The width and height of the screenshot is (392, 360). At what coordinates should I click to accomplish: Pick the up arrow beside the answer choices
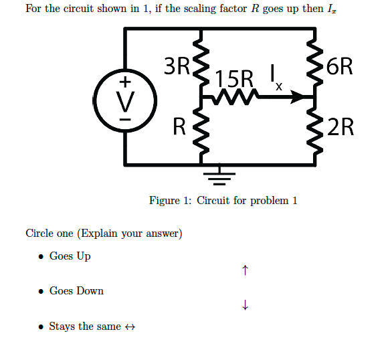point(246,271)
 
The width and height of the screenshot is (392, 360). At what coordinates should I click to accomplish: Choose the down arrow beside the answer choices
point(246,306)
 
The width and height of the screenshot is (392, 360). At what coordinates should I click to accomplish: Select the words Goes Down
point(76,291)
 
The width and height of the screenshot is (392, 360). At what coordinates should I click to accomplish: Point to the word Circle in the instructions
point(39,234)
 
